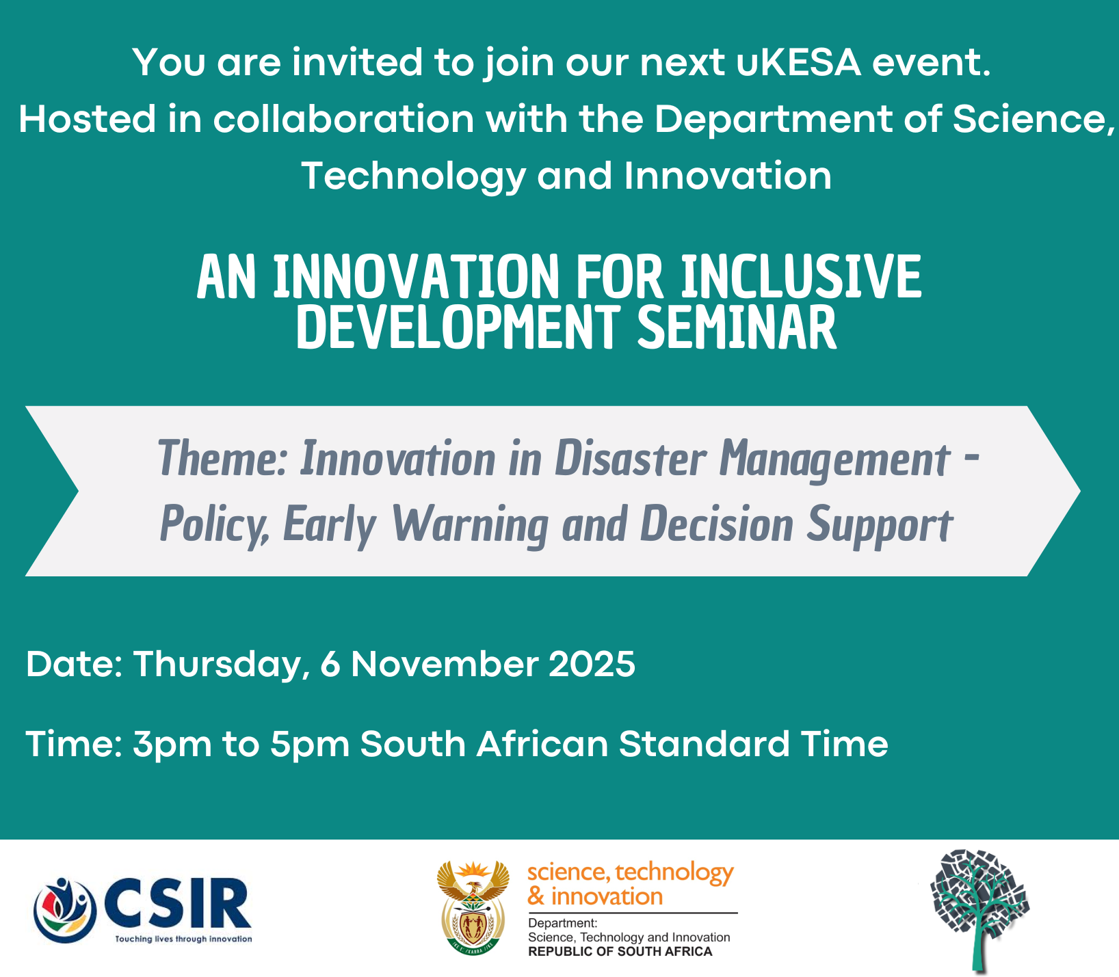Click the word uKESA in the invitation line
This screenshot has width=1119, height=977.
pyautogui.click(x=799, y=62)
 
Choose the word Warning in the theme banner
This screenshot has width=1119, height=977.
pyautogui.click(x=469, y=525)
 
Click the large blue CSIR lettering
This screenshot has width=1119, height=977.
pyautogui.click(x=179, y=903)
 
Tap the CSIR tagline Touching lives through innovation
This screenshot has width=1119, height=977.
pyautogui.click(x=183, y=939)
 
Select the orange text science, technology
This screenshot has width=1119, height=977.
pyautogui.click(x=630, y=872)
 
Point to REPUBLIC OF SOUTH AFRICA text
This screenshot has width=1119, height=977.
pyautogui.click(x=620, y=951)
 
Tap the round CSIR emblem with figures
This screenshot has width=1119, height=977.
pyautogui.click(x=66, y=910)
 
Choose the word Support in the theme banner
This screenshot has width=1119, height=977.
pyautogui.click(x=880, y=525)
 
